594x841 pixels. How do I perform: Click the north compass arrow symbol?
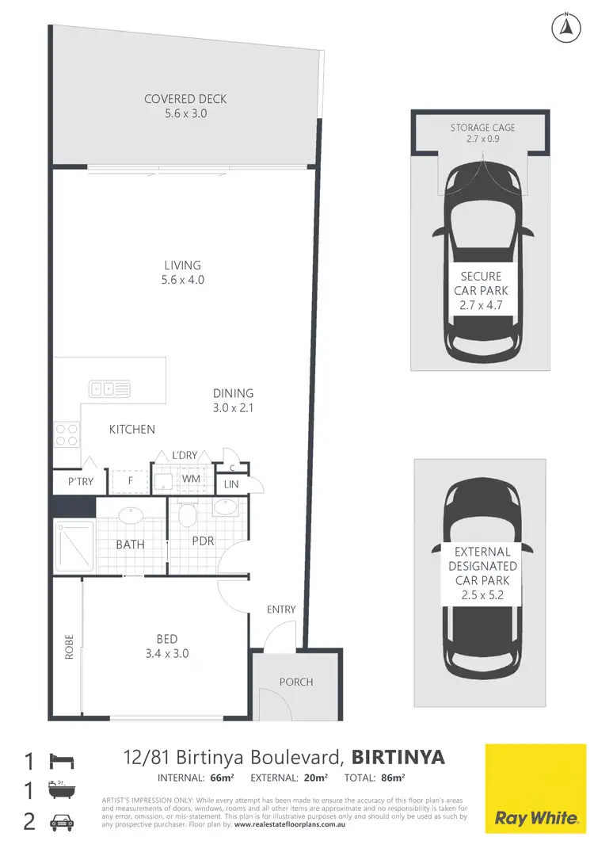[565, 27]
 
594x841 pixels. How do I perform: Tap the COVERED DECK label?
[185, 99]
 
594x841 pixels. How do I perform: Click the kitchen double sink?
[109, 388]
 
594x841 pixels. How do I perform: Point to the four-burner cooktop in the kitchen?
[66, 435]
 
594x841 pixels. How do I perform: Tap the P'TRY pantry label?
[81, 481]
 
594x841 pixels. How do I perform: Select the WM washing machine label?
[191, 479]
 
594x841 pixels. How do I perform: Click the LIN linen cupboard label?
[231, 484]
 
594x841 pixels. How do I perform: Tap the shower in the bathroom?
[74, 546]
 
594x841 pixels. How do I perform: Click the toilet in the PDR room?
[188, 515]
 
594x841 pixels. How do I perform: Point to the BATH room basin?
[131, 516]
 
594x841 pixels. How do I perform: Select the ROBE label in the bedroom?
[69, 648]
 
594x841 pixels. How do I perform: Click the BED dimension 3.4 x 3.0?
[166, 654]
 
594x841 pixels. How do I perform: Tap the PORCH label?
[296, 682]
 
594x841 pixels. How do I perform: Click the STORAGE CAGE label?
[482, 127]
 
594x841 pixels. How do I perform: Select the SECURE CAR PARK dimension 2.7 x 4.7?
[482, 303]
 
